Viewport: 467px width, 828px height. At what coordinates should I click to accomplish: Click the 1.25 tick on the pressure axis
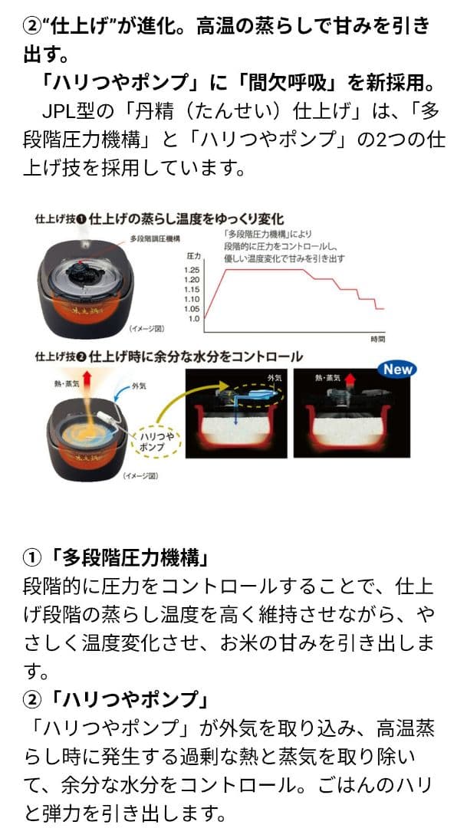(x=192, y=271)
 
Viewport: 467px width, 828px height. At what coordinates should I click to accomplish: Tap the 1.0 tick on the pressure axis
(x=192, y=317)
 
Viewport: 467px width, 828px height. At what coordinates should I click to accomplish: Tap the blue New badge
(x=398, y=369)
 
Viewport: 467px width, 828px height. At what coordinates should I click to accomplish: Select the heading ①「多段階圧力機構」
(x=119, y=557)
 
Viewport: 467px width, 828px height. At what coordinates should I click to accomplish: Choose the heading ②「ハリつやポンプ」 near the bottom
(x=119, y=701)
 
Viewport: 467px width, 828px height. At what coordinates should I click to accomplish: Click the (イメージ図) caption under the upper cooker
(x=146, y=329)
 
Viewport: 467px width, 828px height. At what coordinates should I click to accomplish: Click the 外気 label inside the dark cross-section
(x=275, y=378)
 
